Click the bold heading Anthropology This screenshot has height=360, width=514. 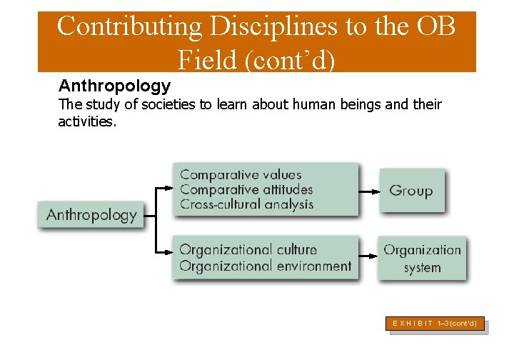coord(114,86)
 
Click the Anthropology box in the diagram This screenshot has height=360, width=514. coord(91,214)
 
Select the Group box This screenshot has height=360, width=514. coord(410,191)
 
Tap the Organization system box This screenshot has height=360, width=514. coord(422,259)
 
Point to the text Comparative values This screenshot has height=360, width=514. coord(241,174)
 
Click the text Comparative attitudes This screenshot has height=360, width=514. coord(246,189)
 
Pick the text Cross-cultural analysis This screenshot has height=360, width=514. coord(246,204)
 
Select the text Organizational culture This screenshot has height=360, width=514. coord(248,250)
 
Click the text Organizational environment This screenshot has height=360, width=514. coord(265,266)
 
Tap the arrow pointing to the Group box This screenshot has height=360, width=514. coord(368,191)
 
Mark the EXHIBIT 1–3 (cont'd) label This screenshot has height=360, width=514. coord(435,324)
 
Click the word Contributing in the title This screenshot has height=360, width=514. coord(129,26)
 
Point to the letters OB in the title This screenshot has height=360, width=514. coord(433,26)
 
